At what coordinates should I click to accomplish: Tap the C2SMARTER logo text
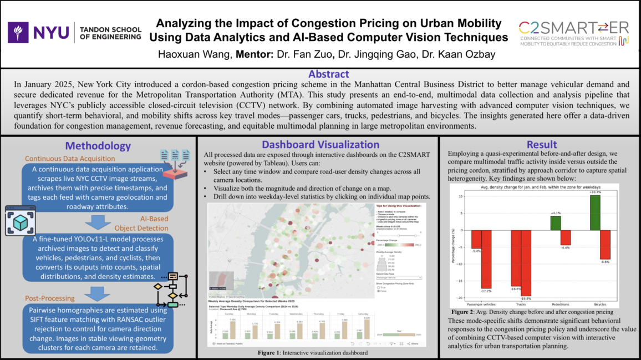tap(573, 28)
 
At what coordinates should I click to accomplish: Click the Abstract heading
tap(320, 74)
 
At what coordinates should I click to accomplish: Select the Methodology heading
tap(98, 146)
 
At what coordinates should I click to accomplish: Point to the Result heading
tap(542, 145)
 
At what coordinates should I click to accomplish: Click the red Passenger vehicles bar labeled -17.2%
tap(486, 260)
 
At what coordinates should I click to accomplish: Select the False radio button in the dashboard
tap(378, 291)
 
